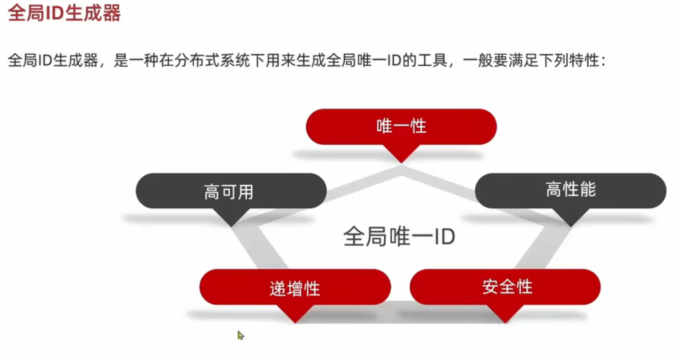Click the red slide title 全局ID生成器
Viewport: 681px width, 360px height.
pyautogui.click(x=64, y=13)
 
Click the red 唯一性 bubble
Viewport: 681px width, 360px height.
pyautogui.click(x=401, y=126)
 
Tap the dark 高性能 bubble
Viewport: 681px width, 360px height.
pyautogui.click(x=570, y=190)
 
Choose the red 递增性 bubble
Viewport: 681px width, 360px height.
pyautogui.click(x=295, y=287)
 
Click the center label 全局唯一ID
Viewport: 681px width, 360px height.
pyautogui.click(x=399, y=236)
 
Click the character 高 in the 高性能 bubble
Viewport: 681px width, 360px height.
pyautogui.click(x=553, y=190)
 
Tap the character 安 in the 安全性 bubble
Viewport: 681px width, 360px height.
pyautogui.click(x=490, y=287)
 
